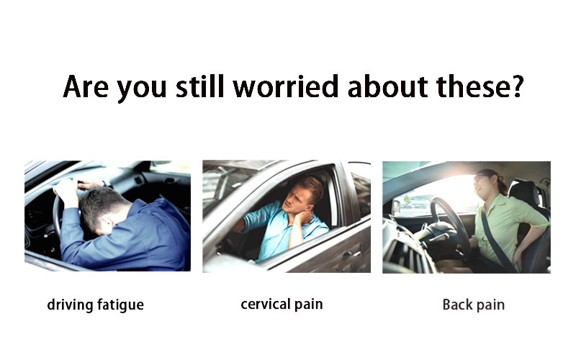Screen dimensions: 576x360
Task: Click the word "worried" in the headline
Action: click(285, 86)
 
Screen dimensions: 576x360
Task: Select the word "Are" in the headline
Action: click(86, 86)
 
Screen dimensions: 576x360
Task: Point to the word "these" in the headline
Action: click(473, 86)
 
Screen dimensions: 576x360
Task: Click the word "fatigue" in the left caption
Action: click(120, 305)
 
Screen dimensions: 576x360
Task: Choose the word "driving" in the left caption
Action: click(70, 305)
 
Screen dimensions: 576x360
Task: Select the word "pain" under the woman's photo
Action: click(490, 305)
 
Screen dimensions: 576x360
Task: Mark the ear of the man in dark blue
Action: click(107, 222)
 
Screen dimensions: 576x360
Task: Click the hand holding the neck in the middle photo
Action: click(304, 217)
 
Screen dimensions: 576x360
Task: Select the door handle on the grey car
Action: click(347, 254)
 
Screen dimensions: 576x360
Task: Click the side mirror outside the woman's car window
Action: click(396, 207)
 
